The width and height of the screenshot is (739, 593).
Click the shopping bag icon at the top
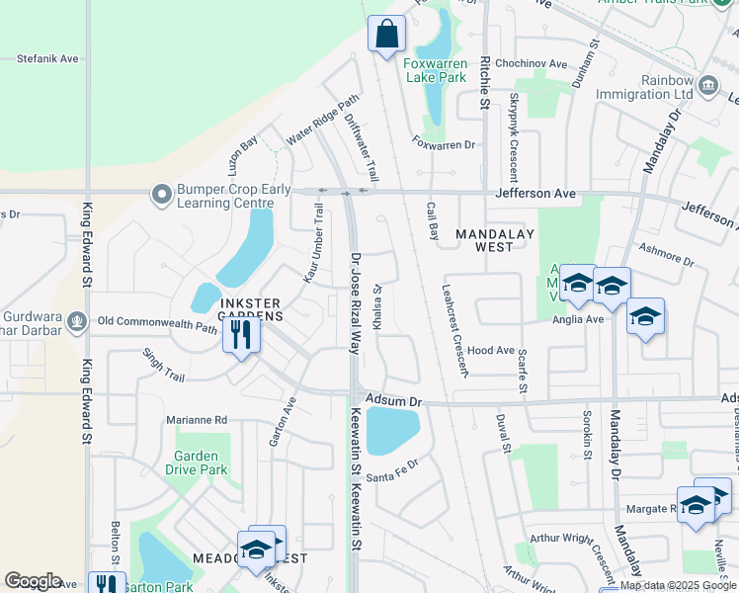click(x=387, y=34)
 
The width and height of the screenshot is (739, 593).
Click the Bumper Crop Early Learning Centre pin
click(x=160, y=196)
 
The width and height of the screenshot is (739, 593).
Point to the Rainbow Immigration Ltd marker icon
click(x=707, y=86)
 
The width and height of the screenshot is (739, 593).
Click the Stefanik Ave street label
click(x=47, y=59)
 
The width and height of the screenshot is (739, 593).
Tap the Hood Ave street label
click(x=491, y=351)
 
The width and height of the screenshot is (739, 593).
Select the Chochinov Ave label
click(x=533, y=64)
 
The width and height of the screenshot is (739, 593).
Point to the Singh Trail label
click(x=163, y=364)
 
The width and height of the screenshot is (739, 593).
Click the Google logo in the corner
click(x=33, y=581)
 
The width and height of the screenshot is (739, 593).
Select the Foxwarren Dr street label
click(x=444, y=144)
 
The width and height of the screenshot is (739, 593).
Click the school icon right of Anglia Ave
click(x=645, y=316)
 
